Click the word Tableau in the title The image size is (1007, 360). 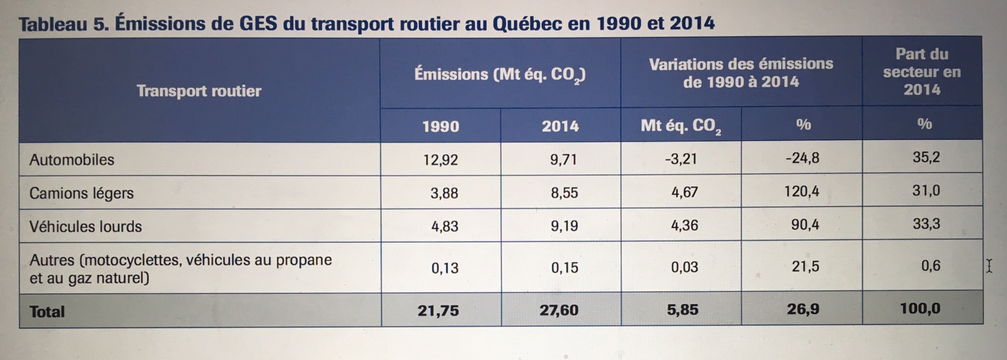53,24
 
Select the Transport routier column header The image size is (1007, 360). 199,91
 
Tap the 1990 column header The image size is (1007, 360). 440,126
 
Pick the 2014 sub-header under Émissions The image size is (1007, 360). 560,126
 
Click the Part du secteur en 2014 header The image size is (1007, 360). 921,71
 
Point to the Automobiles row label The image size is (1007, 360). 72,160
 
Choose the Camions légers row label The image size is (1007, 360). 81,193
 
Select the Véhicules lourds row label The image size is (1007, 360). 85,226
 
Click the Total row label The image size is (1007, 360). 47,311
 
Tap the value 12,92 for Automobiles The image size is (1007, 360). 440,160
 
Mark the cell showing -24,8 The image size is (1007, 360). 802,158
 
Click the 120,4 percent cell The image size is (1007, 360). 802,191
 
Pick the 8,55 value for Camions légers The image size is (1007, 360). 564,193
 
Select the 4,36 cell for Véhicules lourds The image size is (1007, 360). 684,225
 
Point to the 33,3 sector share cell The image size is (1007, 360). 926,224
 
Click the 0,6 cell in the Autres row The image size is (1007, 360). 930,266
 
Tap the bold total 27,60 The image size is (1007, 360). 558,310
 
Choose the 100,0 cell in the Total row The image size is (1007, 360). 920,308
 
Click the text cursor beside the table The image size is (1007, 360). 989,266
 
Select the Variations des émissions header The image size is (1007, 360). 741,73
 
